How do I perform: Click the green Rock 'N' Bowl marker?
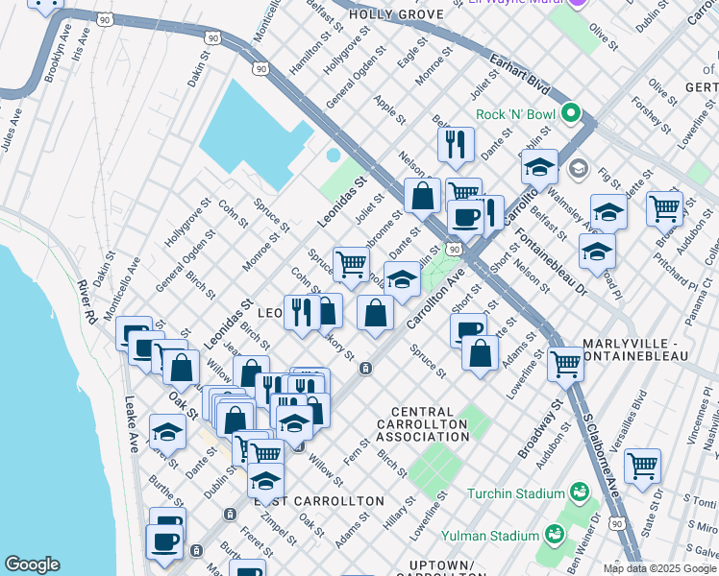coord(572,113)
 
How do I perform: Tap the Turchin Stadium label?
coord(515,494)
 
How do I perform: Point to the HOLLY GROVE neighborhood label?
coord(396,14)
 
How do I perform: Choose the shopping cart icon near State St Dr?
coord(642,466)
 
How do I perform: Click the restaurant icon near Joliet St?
coord(455,144)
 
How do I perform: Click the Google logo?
coord(32,564)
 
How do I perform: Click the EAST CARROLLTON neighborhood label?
coord(319,502)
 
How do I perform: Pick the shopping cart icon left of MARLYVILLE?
coord(565,363)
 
